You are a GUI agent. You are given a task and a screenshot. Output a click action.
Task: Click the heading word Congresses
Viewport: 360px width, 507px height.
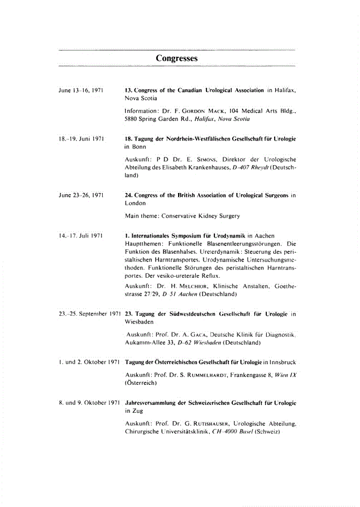tap(176, 58)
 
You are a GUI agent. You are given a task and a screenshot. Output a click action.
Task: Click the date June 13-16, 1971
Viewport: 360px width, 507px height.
tap(81, 90)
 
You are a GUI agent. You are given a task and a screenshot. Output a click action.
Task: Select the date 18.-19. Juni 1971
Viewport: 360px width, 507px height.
tap(82, 137)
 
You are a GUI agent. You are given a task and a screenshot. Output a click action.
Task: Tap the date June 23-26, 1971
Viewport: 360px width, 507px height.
tap(81, 195)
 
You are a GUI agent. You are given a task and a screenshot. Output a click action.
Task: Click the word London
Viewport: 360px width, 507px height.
tap(135, 203)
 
